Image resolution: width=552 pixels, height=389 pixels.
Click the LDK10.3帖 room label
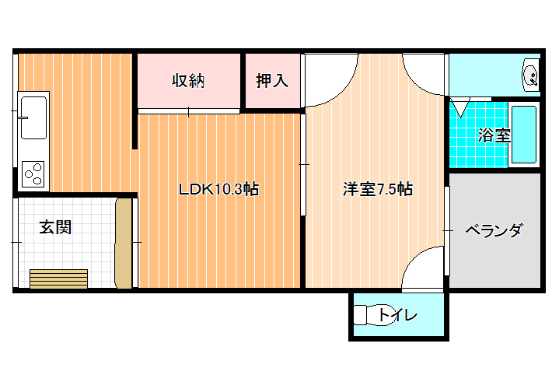point(218,189)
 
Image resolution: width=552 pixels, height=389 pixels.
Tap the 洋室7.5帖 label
point(378,189)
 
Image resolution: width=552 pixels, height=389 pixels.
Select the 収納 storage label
point(188,81)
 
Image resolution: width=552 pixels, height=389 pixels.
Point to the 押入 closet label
point(272,81)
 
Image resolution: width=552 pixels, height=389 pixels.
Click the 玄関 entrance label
point(55,227)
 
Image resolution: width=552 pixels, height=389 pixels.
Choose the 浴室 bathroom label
point(494,135)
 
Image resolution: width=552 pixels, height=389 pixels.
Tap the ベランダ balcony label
point(493,230)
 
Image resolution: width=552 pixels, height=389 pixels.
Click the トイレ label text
point(397,314)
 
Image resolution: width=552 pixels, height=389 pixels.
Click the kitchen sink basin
point(33,117)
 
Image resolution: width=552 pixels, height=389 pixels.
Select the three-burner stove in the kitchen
point(33,174)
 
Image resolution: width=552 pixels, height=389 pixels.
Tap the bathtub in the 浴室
point(524,135)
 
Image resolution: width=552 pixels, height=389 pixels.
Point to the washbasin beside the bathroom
point(530,75)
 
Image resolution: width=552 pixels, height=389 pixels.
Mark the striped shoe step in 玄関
point(59,279)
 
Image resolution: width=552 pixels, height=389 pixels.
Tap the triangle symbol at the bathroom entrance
point(460,108)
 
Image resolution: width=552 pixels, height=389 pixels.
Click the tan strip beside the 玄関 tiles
point(124,243)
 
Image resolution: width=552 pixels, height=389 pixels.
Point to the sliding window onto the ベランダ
point(447,231)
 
